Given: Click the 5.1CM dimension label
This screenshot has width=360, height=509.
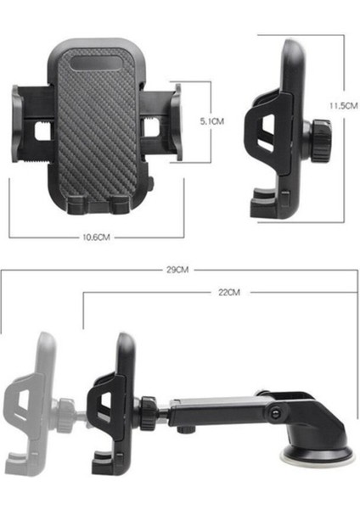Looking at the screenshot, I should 211,121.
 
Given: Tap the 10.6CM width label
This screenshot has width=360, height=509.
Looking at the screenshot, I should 98,238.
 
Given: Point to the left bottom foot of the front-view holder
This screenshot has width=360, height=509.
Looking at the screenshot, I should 76,204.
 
